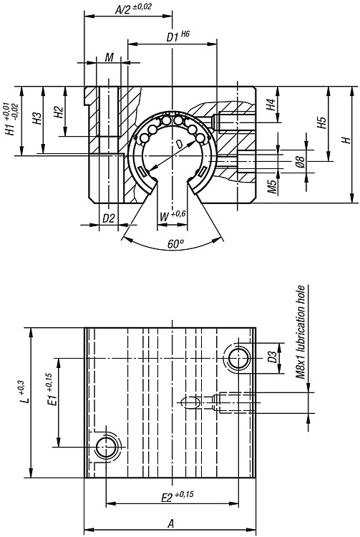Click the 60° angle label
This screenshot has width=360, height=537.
pyautogui.click(x=176, y=244)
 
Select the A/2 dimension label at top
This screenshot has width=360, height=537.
pyautogui.click(x=133, y=9)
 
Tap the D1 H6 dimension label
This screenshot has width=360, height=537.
pyautogui.click(x=177, y=37)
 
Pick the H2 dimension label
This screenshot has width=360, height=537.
pyautogui.click(x=59, y=112)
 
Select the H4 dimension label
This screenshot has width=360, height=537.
pyautogui.click(x=271, y=105)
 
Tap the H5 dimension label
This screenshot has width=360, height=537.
pyautogui.click(x=321, y=122)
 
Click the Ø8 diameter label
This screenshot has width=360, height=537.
pyautogui.click(x=300, y=161)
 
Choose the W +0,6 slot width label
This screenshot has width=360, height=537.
pyautogui.click(x=172, y=216)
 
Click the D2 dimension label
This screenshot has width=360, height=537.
pyautogui.click(x=109, y=218)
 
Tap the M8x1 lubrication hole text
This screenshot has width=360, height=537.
pyautogui.click(x=301, y=332)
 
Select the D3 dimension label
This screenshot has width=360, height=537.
pyautogui.click(x=272, y=357)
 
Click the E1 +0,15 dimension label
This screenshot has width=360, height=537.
pyautogui.click(x=52, y=390)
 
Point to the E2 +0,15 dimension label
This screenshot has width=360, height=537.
pyautogui.click(x=177, y=497)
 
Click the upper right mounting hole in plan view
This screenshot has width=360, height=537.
pyautogui.click(x=238, y=359)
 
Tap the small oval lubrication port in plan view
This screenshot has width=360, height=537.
pyautogui.click(x=190, y=402)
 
